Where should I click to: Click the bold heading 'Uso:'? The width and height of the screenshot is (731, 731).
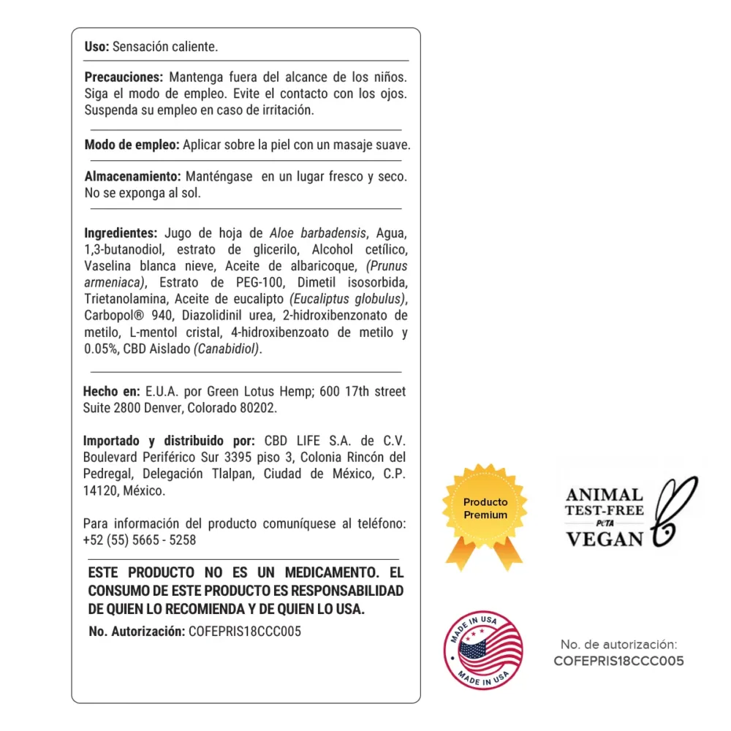pyautogui.click(x=96, y=47)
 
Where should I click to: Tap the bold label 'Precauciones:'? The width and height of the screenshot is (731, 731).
pyautogui.click(x=123, y=77)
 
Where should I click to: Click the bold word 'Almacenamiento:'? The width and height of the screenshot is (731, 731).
pyautogui.click(x=132, y=177)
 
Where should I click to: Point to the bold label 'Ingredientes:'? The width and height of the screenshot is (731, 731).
pyautogui.click(x=121, y=233)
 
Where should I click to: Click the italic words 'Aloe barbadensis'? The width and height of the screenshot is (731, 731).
pyautogui.click(x=318, y=233)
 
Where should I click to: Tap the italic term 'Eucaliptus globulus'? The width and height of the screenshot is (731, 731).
pyautogui.click(x=348, y=299)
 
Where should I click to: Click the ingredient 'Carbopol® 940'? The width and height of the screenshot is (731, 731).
pyautogui.click(x=125, y=316)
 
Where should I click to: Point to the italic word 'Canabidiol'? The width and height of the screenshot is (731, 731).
pyautogui.click(x=227, y=349)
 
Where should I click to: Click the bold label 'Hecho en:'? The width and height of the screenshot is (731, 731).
pyautogui.click(x=111, y=392)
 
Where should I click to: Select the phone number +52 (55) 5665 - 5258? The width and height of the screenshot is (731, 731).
pyautogui.click(x=140, y=540)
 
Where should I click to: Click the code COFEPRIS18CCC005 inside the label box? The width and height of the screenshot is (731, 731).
pyautogui.click(x=244, y=632)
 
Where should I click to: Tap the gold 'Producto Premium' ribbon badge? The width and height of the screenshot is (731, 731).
pyautogui.click(x=485, y=512)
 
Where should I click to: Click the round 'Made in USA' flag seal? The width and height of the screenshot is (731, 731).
pyautogui.click(x=484, y=650)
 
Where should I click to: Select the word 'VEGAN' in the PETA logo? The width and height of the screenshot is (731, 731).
pyautogui.click(x=605, y=539)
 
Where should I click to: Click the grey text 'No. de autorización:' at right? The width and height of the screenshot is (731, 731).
pyautogui.click(x=618, y=645)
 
